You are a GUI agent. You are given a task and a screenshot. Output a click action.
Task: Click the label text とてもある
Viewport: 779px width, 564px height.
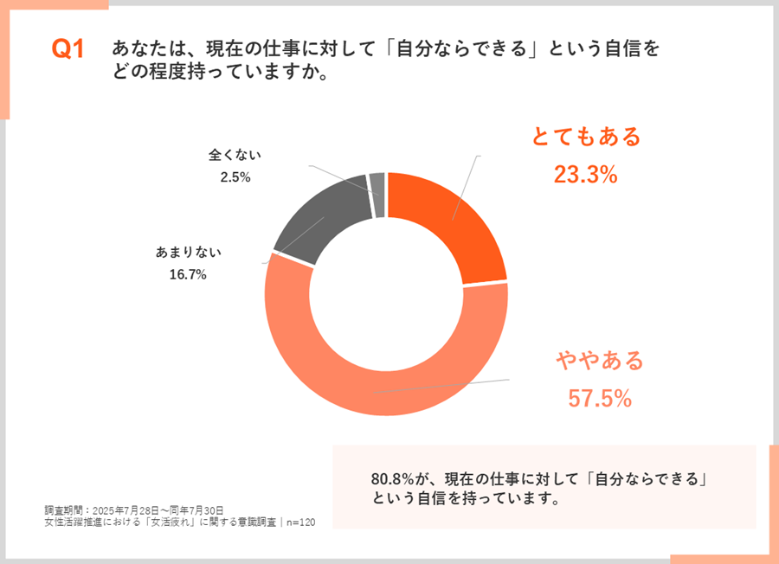[586, 137]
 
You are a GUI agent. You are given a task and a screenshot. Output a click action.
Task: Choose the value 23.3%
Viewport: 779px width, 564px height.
[585, 175]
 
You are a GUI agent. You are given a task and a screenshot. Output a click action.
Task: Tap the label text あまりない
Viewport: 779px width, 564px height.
[188, 253]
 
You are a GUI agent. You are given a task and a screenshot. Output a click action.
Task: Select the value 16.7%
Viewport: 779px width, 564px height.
[188, 275]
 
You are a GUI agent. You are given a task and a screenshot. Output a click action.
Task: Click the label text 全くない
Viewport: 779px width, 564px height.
[235, 156]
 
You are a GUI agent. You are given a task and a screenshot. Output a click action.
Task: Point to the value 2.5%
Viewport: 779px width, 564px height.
[235, 177]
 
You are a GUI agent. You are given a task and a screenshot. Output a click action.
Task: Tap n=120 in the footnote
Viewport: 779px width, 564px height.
[301, 522]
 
